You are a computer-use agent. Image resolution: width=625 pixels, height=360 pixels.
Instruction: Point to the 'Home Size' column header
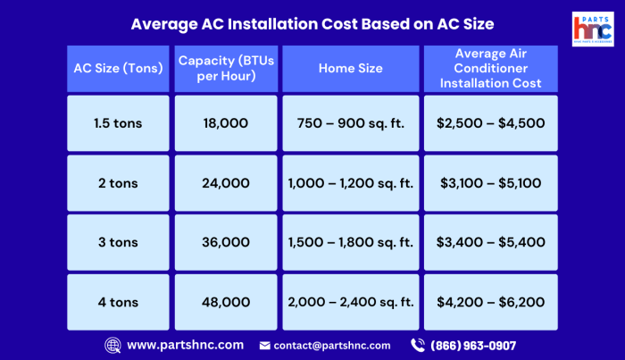(x=350, y=68)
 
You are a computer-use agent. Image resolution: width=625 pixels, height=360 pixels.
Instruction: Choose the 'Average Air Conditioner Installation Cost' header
(x=490, y=68)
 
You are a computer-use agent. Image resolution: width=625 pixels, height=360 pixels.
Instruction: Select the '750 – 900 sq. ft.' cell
(x=350, y=123)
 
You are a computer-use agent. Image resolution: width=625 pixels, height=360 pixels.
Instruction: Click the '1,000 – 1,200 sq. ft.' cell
(x=350, y=183)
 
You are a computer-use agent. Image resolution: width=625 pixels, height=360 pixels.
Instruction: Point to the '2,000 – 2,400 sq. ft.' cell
(x=350, y=302)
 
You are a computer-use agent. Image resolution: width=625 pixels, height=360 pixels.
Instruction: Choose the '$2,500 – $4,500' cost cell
(x=490, y=123)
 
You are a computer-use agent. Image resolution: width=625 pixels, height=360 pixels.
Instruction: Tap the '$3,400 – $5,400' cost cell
(x=490, y=242)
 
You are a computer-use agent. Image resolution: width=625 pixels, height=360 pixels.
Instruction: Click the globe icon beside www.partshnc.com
(x=113, y=345)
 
